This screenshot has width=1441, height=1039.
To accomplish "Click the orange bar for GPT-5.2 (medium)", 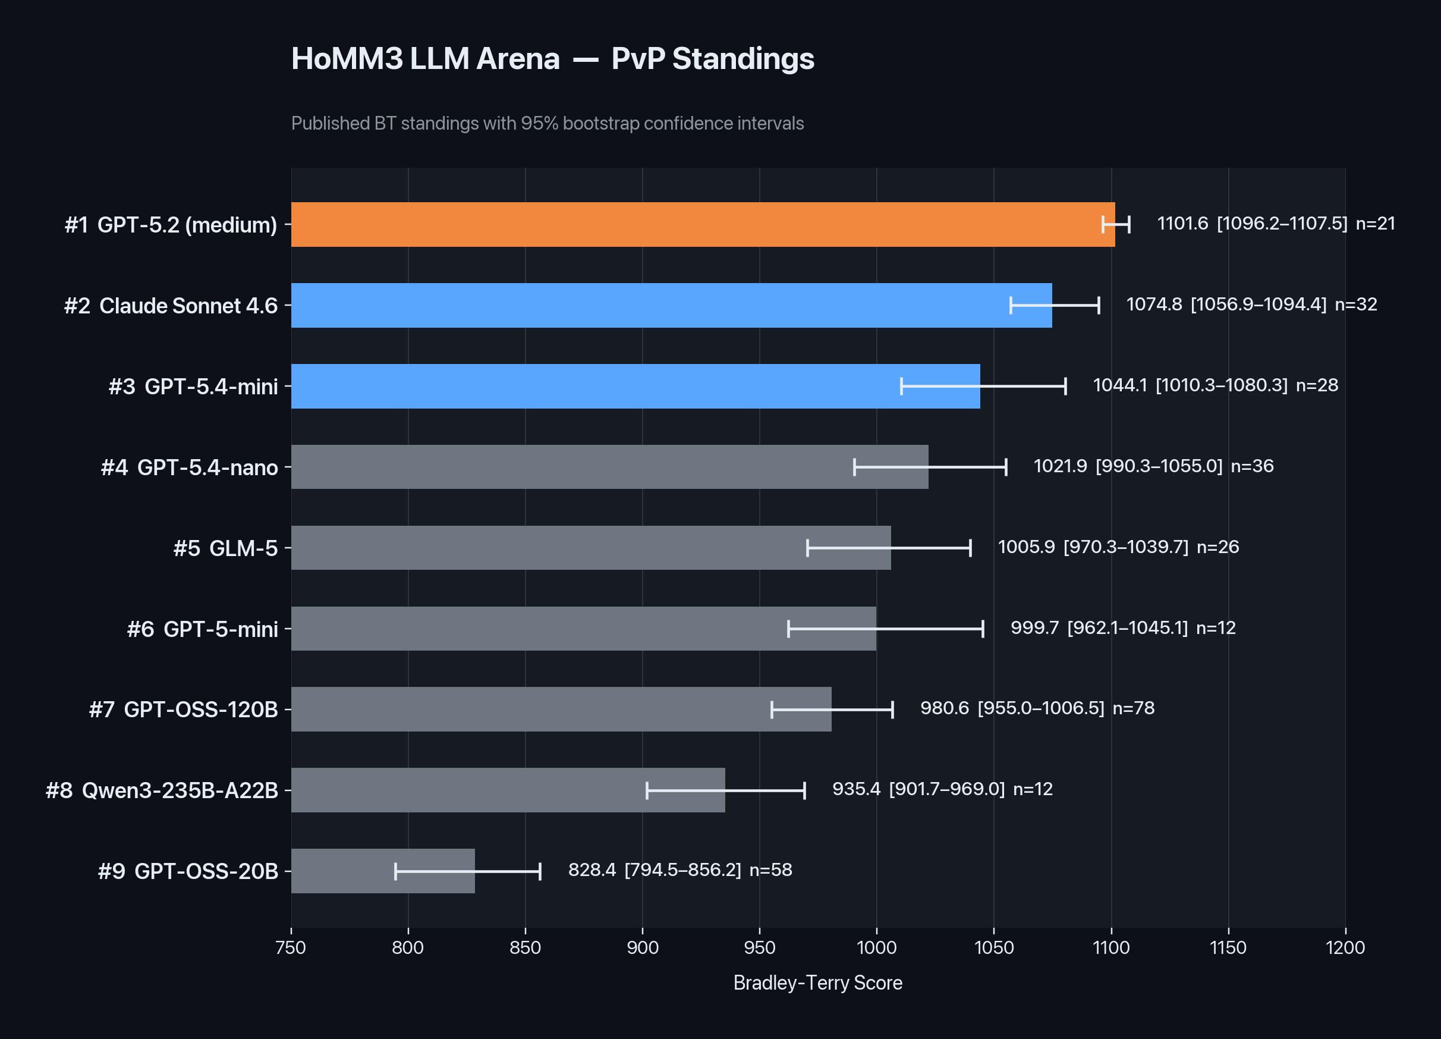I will point(699,224).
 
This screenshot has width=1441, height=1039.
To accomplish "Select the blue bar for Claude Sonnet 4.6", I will point(667,305).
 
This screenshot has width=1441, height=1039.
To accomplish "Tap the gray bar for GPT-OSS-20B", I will point(381,871).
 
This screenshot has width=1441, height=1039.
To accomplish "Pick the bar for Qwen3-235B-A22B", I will point(508,790).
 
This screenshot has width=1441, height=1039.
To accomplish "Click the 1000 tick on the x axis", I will point(876,947).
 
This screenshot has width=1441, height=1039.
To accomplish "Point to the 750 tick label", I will point(291,947).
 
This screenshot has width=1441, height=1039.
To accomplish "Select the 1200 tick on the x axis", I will point(1345,947).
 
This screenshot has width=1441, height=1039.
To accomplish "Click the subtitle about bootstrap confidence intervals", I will point(547,123).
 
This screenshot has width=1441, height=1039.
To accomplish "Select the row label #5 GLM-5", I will point(225,548).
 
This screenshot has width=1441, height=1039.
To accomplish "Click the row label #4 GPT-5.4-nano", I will point(188,467).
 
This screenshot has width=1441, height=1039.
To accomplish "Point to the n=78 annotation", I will point(1133,708).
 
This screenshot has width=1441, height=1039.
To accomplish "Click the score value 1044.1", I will point(1119,385).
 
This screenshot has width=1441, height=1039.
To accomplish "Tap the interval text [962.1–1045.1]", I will point(1127,628).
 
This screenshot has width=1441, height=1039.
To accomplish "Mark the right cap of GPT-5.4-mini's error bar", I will point(1065,386).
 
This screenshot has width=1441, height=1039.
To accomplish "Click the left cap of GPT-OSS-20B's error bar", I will point(395,871).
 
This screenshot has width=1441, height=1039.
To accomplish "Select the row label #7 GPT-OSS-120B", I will point(183,709).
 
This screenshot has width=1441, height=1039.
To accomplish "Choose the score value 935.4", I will point(856,789).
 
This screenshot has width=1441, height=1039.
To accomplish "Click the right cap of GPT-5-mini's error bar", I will point(983,629).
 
